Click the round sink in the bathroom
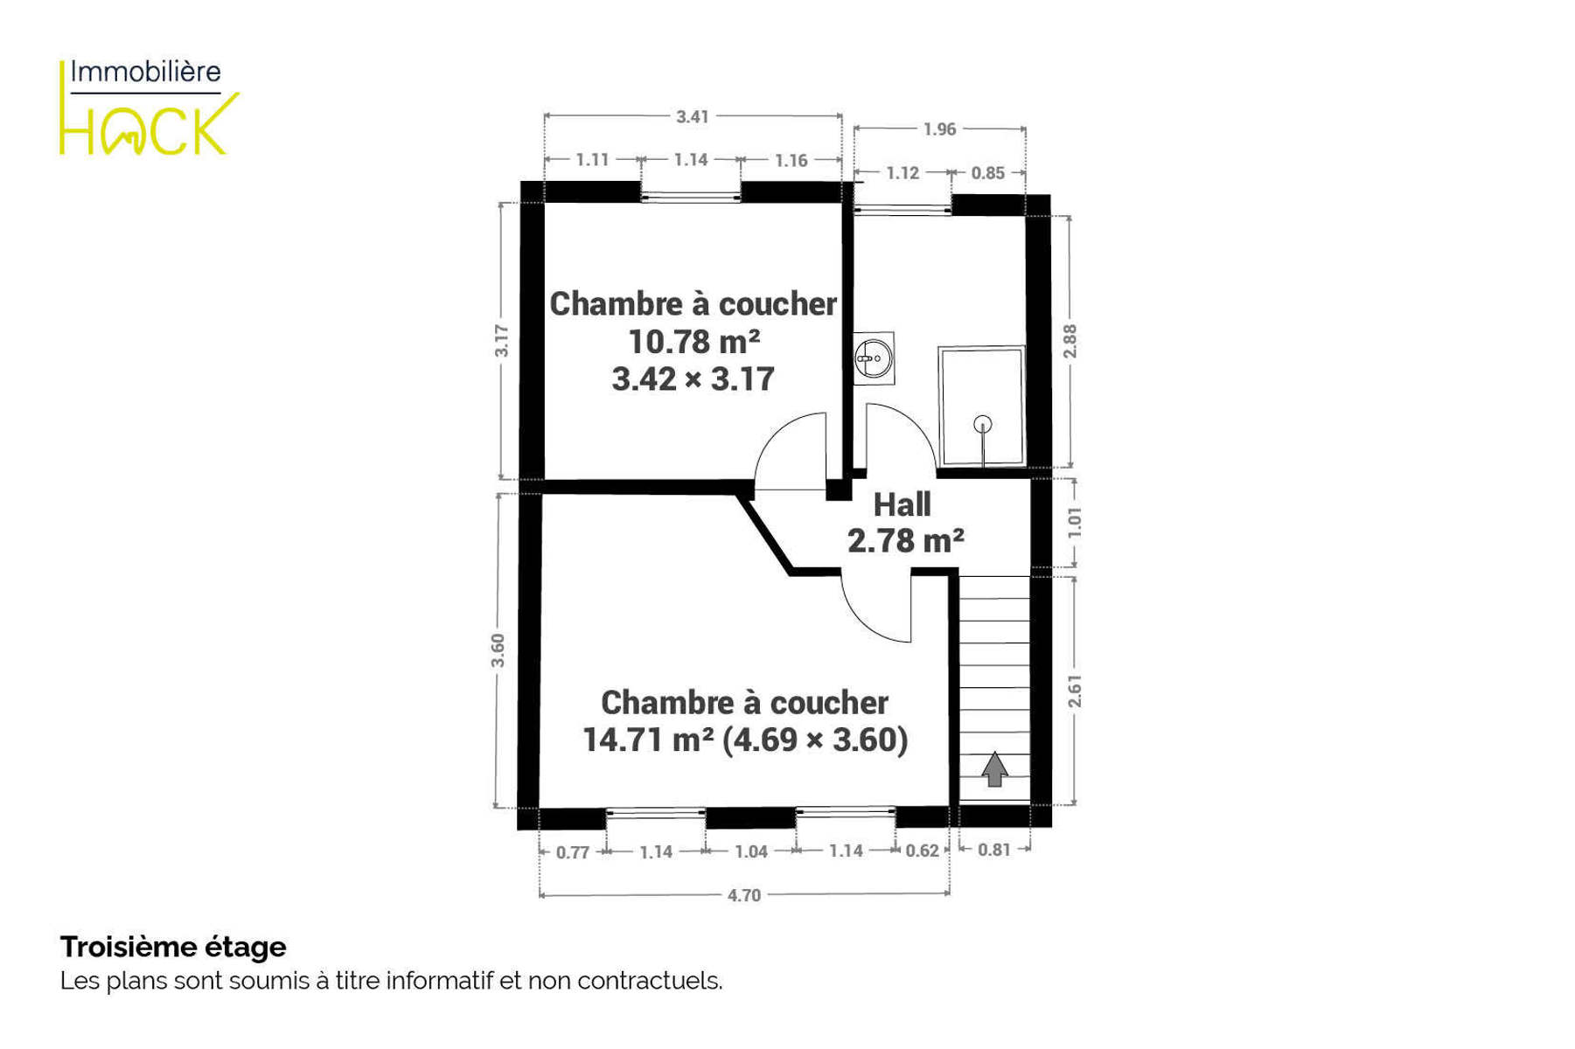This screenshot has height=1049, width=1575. (x=874, y=357)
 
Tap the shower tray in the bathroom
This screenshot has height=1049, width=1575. (x=981, y=406)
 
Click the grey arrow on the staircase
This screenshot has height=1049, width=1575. (x=994, y=769)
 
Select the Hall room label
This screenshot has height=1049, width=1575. (x=902, y=504)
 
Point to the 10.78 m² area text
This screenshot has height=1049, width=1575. (x=693, y=341)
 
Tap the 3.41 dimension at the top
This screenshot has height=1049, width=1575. (x=693, y=116)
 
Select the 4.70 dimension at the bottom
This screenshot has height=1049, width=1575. (x=744, y=895)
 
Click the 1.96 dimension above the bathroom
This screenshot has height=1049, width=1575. (x=939, y=129)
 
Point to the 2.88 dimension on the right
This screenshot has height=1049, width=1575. (x=1070, y=341)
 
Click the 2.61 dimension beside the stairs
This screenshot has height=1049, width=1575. (x=1075, y=691)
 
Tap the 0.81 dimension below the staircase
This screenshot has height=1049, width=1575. (x=994, y=850)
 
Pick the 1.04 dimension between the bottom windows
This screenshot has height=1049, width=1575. (x=751, y=851)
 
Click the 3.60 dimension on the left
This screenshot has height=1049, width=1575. (x=498, y=650)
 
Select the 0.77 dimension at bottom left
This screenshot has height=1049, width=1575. (x=573, y=852)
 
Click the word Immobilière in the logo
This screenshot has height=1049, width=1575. (x=145, y=72)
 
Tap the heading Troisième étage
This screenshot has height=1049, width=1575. (x=173, y=947)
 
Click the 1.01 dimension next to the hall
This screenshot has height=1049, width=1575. (x=1075, y=522)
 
